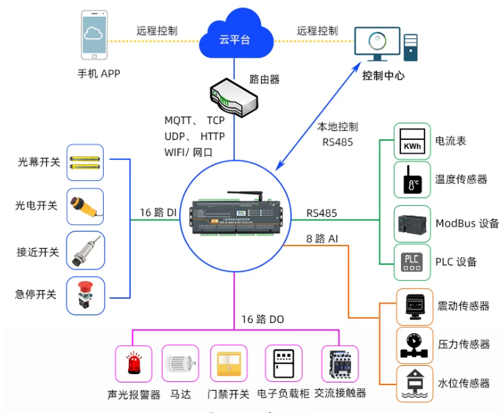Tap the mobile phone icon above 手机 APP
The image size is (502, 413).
(x=94, y=35)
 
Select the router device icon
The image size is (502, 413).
(x=234, y=97)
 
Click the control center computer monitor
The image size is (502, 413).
(x=377, y=44)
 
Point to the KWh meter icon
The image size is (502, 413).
(x=412, y=141)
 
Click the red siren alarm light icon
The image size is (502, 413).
(x=134, y=363)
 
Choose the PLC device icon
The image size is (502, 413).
(x=412, y=262)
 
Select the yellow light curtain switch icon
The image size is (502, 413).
(x=85, y=162)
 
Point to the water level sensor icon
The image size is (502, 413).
(x=415, y=384)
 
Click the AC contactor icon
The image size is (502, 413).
(x=340, y=364)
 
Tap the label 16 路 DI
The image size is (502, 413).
(x=158, y=213)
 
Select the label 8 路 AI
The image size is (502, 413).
(x=322, y=238)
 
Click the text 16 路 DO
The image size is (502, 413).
(x=262, y=319)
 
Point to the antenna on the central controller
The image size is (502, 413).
(x=246, y=195)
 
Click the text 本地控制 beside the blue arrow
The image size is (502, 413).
(x=337, y=127)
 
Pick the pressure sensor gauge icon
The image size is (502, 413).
(x=414, y=346)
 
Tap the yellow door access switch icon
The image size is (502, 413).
(x=228, y=364)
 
